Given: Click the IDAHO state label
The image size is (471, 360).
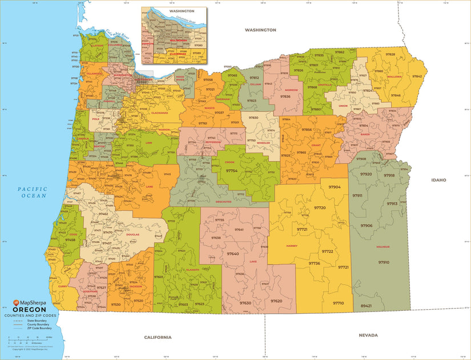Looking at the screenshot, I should click(x=438, y=179).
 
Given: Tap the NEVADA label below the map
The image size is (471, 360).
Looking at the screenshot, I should click(x=369, y=335).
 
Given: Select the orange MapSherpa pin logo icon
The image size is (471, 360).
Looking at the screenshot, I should click(x=17, y=303).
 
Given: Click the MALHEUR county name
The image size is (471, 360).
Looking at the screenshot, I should click(x=383, y=247).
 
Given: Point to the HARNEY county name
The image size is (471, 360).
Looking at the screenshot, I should click(x=292, y=245).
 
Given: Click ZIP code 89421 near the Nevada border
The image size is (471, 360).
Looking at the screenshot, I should click(x=366, y=306).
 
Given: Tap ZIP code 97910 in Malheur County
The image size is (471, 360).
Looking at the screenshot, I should click(x=383, y=262).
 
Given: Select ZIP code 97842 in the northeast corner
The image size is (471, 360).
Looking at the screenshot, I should click(x=417, y=76).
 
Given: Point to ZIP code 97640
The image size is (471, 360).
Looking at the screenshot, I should click(x=233, y=254).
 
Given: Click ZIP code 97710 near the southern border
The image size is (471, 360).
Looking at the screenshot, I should click(x=339, y=303).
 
